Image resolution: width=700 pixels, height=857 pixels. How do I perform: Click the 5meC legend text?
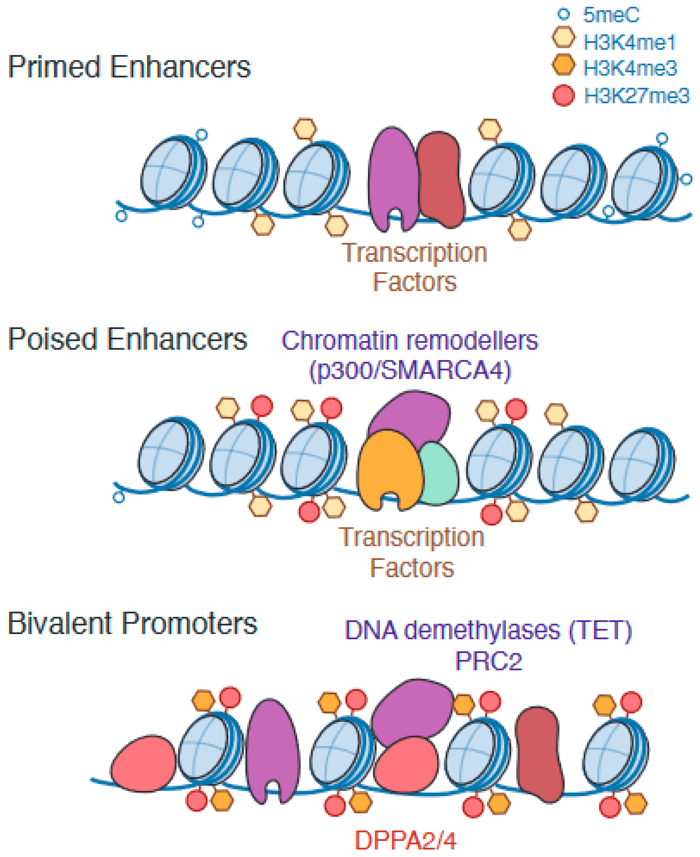pyautogui.click(x=611, y=15)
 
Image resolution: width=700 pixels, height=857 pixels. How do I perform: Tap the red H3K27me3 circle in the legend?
pyautogui.click(x=563, y=95)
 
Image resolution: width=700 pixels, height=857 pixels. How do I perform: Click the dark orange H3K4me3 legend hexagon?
pyautogui.click(x=563, y=64)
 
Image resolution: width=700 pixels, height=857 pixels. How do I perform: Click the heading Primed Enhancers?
pyautogui.click(x=130, y=67)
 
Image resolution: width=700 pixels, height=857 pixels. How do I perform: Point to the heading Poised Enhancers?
pyautogui.click(x=127, y=339)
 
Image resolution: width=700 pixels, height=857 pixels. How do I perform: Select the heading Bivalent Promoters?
pyautogui.click(x=132, y=624)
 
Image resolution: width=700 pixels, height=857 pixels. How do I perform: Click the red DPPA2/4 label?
pyautogui.click(x=405, y=841)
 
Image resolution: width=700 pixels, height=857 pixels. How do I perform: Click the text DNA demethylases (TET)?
pyautogui.click(x=488, y=630)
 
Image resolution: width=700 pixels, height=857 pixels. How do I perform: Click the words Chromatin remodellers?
pyautogui.click(x=410, y=340)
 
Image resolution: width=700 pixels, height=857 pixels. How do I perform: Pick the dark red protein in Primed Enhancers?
pyautogui.click(x=440, y=179)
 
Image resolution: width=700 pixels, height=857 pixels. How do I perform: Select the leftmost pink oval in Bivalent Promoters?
pyautogui.click(x=143, y=763)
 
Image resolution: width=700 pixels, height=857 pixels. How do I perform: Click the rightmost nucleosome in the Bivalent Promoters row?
pyautogui.click(x=615, y=752)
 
